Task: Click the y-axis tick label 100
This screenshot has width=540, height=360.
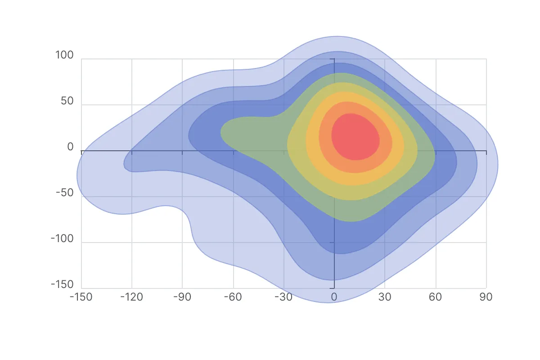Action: point(64,55)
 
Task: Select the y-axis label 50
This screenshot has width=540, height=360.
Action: point(67,101)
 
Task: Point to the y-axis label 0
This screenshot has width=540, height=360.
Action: point(70,147)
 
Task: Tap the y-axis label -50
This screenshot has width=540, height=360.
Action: point(64,193)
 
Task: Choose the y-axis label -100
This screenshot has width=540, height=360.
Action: point(62,239)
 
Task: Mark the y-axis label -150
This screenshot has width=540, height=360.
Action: point(62,285)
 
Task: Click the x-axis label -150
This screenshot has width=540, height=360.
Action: point(81,297)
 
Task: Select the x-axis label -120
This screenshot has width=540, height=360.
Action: point(132,297)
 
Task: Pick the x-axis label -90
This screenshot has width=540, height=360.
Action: point(182,297)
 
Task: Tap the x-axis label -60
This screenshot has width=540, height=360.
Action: point(233,297)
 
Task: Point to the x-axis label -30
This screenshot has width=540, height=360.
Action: point(283,297)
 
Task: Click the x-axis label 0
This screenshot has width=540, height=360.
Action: point(334,297)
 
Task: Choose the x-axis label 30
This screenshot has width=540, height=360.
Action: point(385,297)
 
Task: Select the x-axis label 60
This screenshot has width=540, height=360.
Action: point(436,297)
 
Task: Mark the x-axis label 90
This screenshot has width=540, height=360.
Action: point(486,297)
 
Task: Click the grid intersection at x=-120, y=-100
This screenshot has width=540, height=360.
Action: point(132,243)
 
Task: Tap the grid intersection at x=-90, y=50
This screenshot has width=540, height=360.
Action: point(182,105)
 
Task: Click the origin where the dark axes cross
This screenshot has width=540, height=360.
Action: point(334,151)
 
